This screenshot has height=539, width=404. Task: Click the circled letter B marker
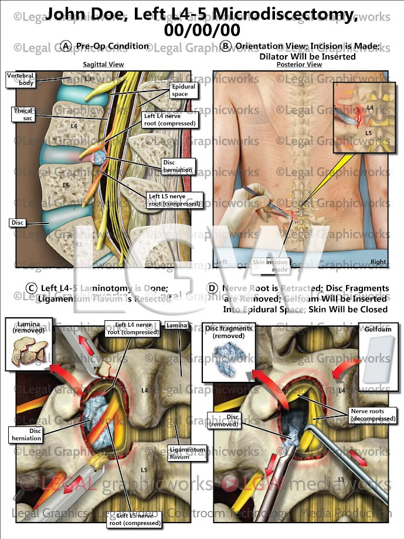click(225, 46)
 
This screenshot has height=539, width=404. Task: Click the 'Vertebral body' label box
click(18, 79)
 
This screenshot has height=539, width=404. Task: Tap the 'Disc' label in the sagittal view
click(16, 222)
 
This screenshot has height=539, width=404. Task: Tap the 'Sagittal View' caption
click(103, 63)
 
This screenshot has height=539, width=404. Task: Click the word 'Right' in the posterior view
click(377, 262)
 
